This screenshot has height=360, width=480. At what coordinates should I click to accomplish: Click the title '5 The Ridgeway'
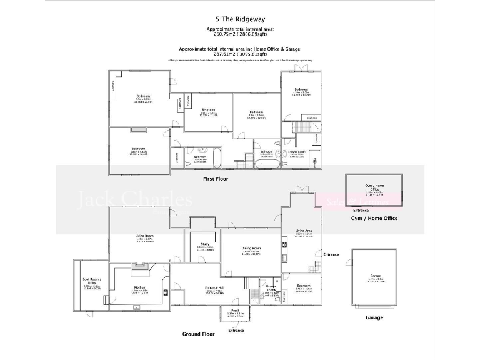click(240, 19)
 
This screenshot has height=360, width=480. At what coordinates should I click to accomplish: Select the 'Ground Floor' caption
click(198, 334)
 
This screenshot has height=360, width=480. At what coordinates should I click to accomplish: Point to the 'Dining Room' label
click(251, 249)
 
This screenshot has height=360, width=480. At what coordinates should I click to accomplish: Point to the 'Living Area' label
click(303, 231)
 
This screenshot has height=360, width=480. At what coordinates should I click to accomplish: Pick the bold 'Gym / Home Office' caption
click(374, 218)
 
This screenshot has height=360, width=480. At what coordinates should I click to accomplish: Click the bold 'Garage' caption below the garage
click(374, 317)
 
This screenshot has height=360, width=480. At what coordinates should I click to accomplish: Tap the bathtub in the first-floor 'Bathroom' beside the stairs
click(266, 163)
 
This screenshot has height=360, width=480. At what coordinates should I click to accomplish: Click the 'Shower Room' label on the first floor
click(297, 151)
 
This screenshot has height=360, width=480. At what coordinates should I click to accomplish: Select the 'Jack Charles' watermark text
click(134, 200)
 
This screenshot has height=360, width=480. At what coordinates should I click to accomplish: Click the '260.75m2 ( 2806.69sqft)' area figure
click(240, 35)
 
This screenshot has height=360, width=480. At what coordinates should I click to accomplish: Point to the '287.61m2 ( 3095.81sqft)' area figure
click(240, 54)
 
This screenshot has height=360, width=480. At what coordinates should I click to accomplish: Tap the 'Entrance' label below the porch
click(236, 330)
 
